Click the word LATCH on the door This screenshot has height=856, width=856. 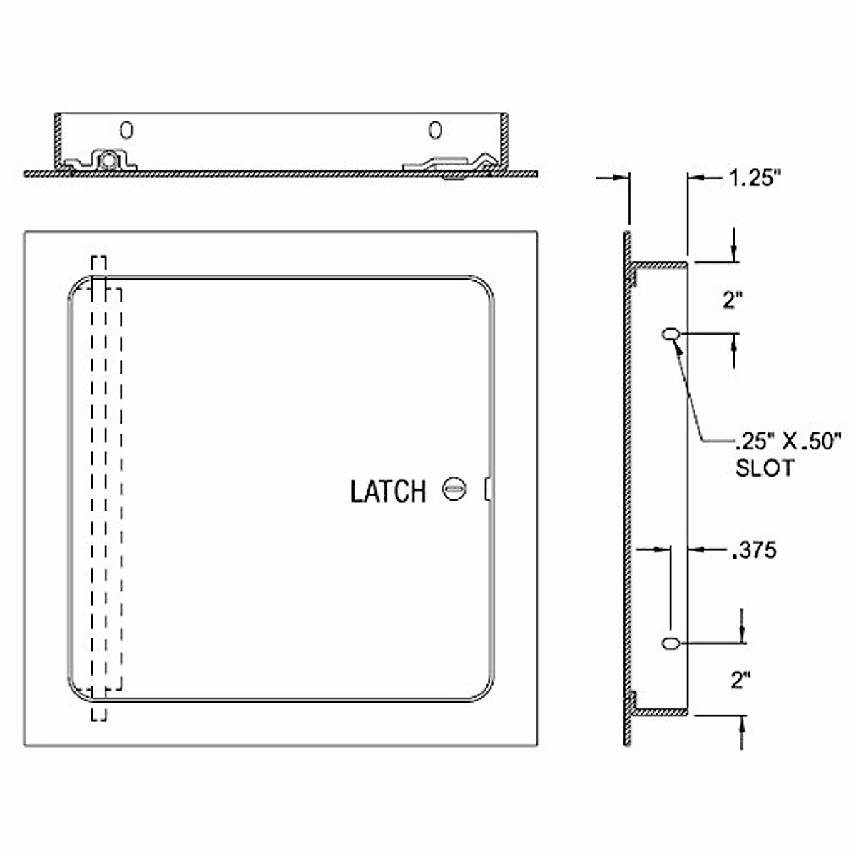pos(388,491)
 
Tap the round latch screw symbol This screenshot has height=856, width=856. pos(454,489)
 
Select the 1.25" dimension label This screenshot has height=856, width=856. pos(755,178)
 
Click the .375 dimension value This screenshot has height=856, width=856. pos(754,550)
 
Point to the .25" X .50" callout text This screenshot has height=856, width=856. pos(788,442)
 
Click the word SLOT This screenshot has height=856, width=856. pos(765,468)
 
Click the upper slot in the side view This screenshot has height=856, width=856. pos(671,334)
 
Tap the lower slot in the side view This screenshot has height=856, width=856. pos(671,643)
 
